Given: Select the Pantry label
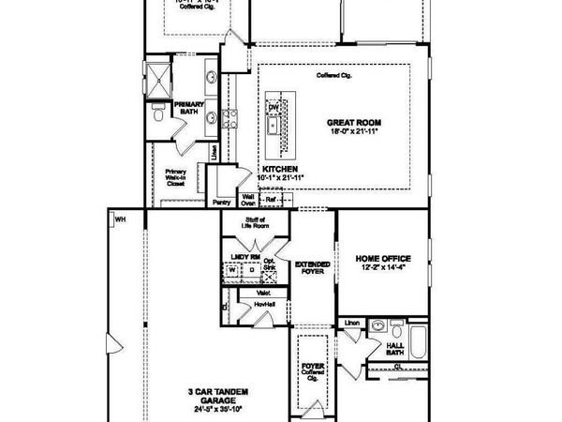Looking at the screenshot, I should pyautogui.click(x=221, y=202).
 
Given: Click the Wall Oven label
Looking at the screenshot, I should pyautogui.click(x=249, y=200).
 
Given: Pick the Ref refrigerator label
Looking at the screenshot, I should pyautogui.click(x=271, y=200).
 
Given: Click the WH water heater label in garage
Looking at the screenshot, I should pyautogui.click(x=120, y=220).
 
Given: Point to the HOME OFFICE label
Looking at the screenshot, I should pyautogui.click(x=383, y=259).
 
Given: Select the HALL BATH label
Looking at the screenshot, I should pyautogui.click(x=395, y=348).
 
